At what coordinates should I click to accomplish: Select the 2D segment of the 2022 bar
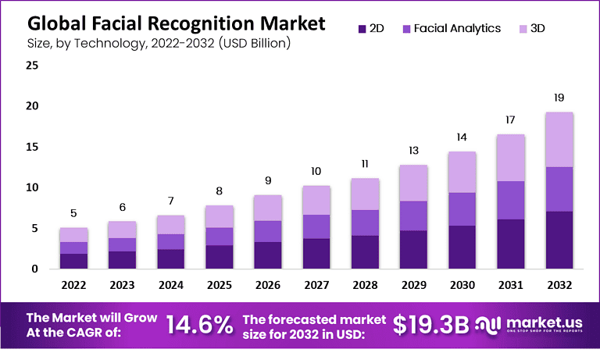click(73, 261)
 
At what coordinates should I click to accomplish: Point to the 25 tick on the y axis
click(32, 65)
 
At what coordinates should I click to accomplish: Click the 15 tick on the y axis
click(32, 147)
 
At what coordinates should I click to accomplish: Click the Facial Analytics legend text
click(457, 29)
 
